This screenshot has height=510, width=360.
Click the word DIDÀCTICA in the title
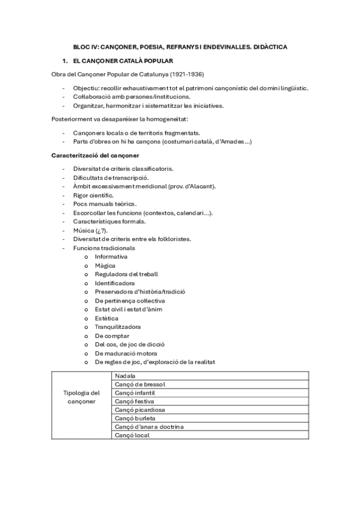click(269, 46)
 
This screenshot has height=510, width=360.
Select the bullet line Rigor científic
click(93, 195)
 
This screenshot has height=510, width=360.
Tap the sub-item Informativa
click(111, 257)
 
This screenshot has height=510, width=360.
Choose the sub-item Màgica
click(105, 265)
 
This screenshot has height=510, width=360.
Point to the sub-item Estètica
click(106, 318)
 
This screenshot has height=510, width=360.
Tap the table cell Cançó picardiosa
click(140, 410)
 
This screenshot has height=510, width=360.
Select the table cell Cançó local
click(132, 435)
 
